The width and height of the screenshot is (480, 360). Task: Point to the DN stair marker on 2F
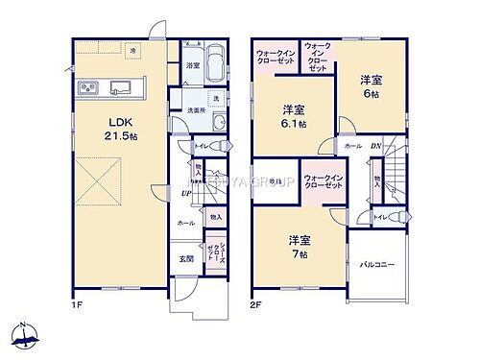(377, 144)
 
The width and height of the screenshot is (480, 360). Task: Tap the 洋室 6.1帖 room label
(294, 116)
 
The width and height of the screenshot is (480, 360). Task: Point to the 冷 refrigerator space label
(132, 49)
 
